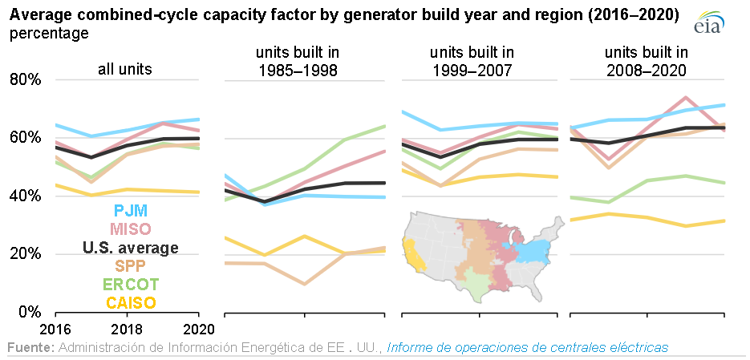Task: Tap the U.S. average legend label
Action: [131, 248]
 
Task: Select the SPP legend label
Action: [131, 266]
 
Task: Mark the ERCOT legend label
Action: [131, 285]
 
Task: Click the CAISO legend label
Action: [131, 303]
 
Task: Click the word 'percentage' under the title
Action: [50, 34]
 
